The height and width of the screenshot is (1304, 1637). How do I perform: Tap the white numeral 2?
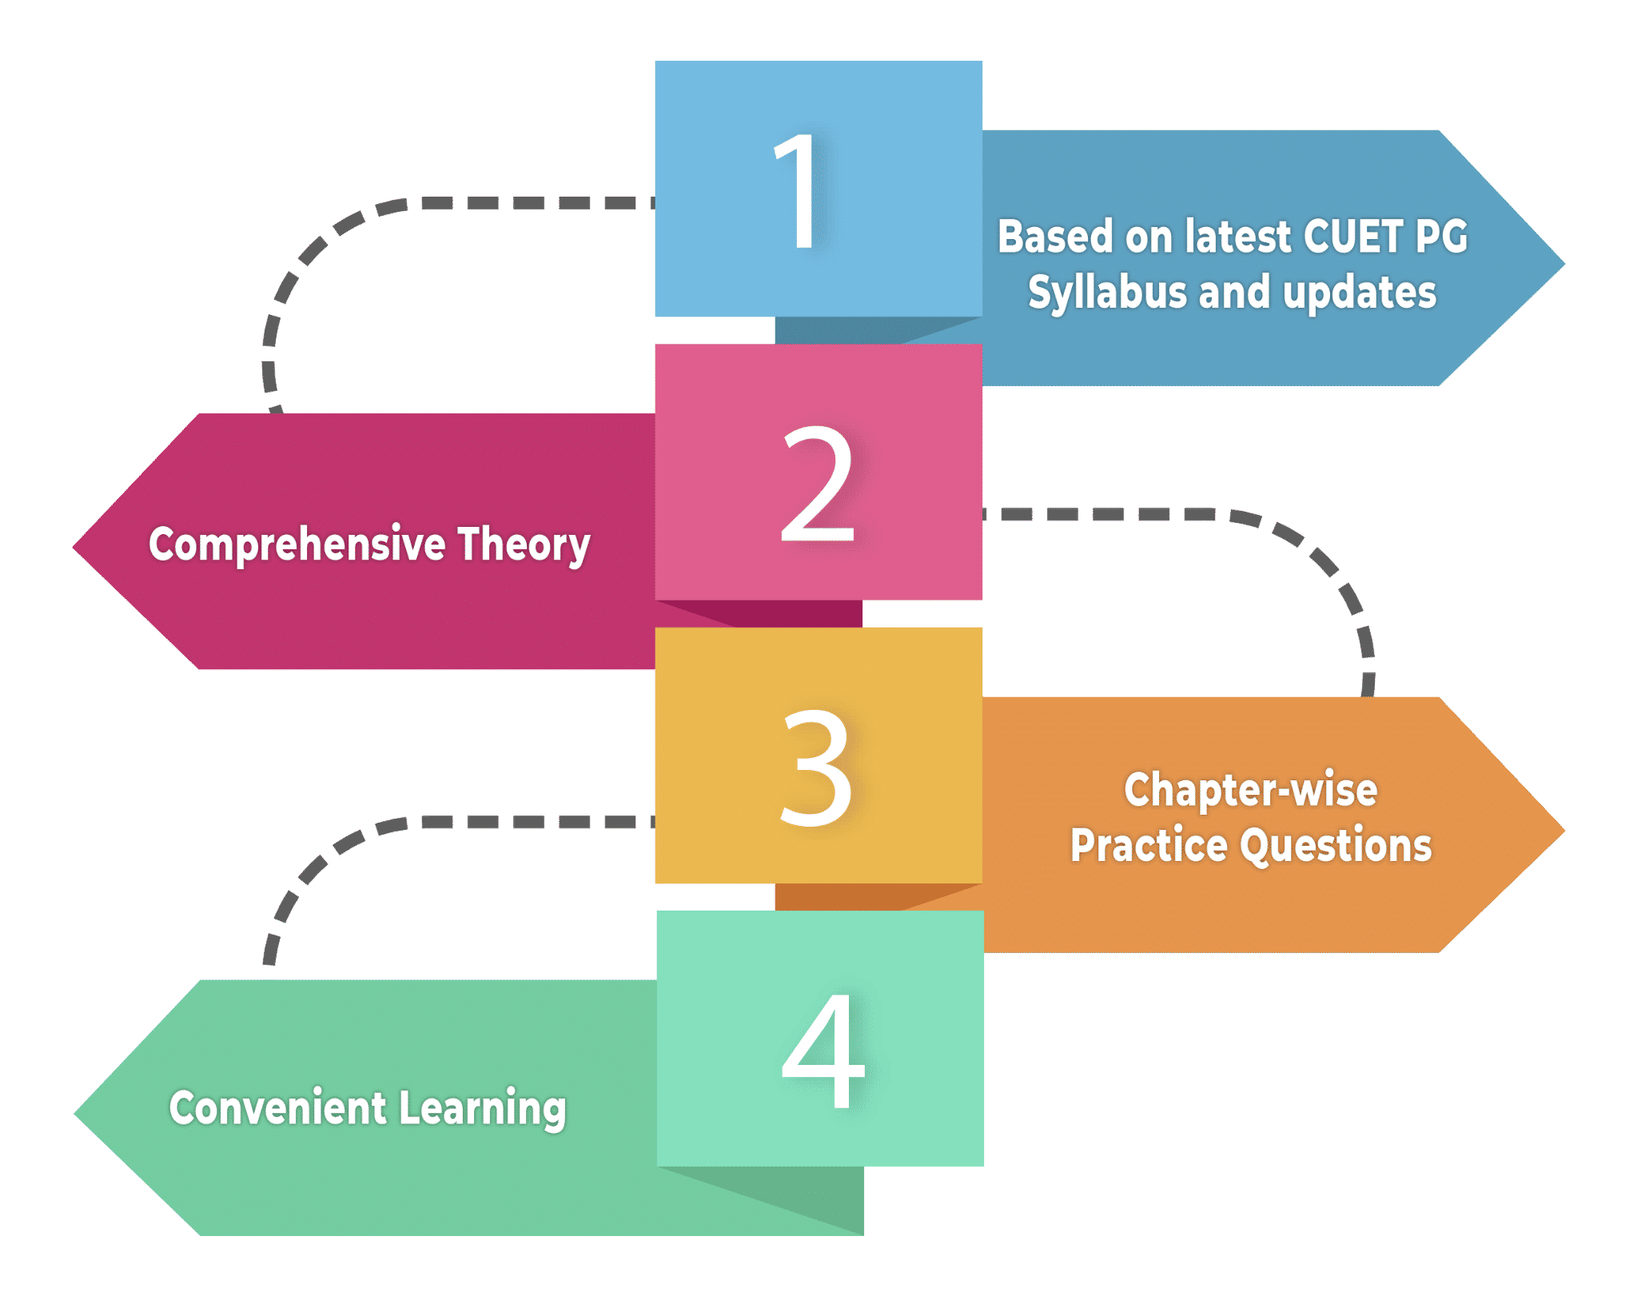click(x=818, y=483)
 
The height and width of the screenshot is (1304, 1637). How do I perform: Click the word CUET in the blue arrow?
click(x=1352, y=237)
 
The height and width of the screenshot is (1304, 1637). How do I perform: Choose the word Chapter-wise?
click(x=1251, y=790)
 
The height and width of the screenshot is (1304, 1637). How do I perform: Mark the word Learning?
click(x=483, y=1110)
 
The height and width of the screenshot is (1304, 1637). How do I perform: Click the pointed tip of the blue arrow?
click(x=1564, y=263)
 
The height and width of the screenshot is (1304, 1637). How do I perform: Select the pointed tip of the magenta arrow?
click(x=74, y=548)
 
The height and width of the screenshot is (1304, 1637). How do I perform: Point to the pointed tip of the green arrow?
click(x=74, y=1114)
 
